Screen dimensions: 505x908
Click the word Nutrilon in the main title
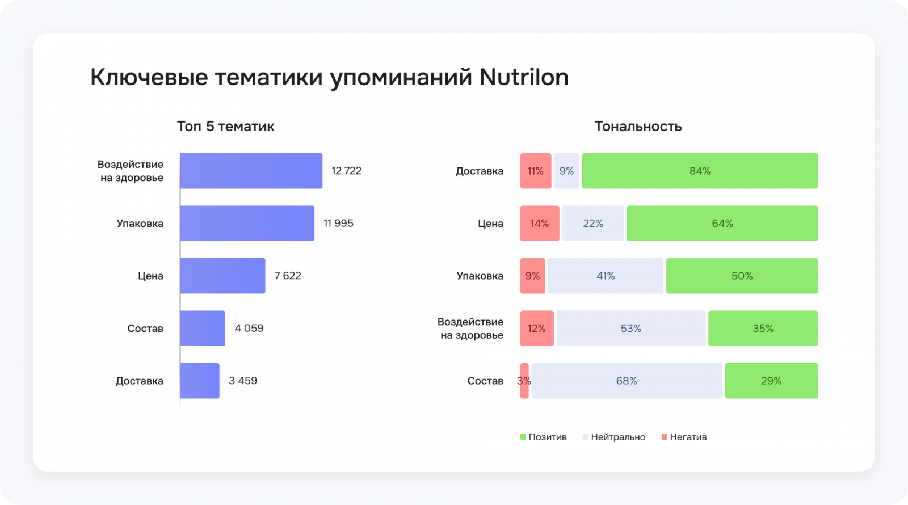tap(524, 77)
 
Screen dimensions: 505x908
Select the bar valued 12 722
tap(251, 171)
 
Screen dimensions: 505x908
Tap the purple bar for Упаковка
tap(247, 224)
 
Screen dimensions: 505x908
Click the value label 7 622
tap(288, 276)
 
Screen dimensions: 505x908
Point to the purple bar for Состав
tap(203, 329)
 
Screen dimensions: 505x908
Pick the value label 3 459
tap(243, 381)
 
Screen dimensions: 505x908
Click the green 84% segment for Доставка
tap(700, 171)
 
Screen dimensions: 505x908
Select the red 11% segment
tap(535, 171)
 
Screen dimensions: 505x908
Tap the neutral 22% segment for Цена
tap(593, 224)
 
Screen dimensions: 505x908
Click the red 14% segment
tap(539, 224)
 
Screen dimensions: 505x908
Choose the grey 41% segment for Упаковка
tap(606, 276)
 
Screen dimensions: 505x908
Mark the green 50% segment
tap(742, 276)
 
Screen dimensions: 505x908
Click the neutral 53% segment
tap(630, 329)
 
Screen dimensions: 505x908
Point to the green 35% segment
tap(763, 329)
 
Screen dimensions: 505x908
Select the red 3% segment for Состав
tap(524, 381)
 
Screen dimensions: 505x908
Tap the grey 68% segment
tap(627, 381)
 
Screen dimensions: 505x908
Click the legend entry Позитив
tap(547, 437)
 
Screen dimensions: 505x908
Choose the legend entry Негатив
tap(688, 437)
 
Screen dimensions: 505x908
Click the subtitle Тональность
tap(638, 127)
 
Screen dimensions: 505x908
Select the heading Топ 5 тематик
tap(225, 127)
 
